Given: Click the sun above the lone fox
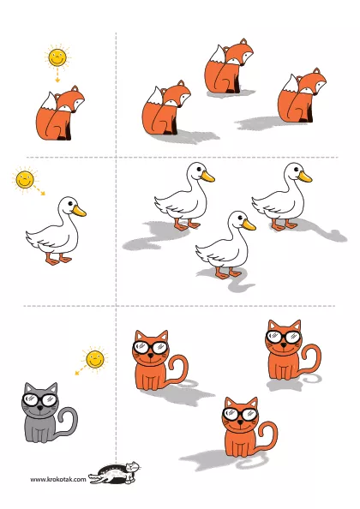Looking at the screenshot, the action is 57,57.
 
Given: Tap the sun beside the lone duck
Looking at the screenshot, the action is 25,179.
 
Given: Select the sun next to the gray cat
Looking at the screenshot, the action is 95,359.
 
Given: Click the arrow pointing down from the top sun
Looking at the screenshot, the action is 57,75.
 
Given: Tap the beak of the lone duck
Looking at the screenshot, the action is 79,211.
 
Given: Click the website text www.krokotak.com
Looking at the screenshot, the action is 58,479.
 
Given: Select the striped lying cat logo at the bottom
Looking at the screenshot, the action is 114,472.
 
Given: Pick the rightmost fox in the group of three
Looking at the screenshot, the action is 301,95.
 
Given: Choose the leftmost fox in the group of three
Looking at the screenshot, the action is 166,108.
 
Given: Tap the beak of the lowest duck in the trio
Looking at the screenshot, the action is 249,225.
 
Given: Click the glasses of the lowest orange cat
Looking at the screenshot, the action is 240,414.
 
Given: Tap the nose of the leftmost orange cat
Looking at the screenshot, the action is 150,356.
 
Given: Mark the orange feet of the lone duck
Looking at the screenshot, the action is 58,260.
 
